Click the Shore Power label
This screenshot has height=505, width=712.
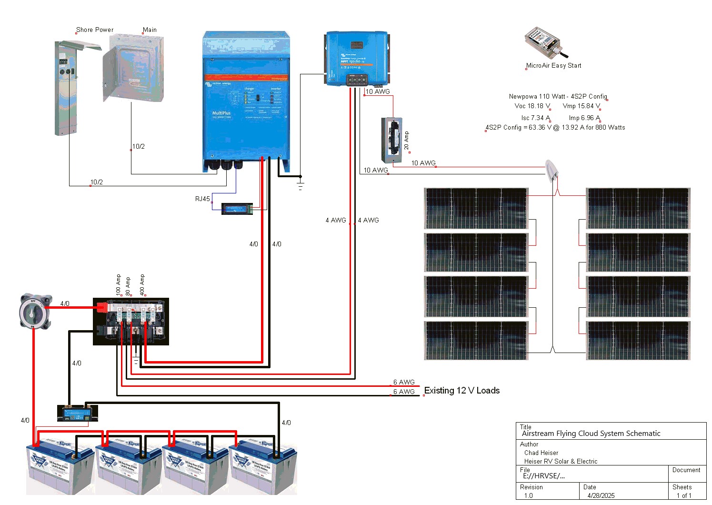point(95,30)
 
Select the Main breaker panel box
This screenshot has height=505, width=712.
point(133,68)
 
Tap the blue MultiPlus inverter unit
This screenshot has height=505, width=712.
point(246,100)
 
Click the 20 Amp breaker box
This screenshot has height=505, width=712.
point(391,140)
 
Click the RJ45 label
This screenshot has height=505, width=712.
point(202,199)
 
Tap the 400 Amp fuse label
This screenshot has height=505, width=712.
point(142,285)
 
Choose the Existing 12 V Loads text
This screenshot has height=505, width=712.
point(461,391)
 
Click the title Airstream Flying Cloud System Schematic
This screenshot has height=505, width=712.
point(591,434)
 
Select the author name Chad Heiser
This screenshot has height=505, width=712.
point(541,453)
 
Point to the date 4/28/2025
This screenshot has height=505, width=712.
point(601,495)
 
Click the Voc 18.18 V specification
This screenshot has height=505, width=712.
point(532,106)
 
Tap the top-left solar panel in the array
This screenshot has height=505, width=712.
point(476,208)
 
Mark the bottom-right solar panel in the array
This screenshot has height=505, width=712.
point(638,340)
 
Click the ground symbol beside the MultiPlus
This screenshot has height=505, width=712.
point(300,183)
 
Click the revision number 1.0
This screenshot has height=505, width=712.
point(528,495)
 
